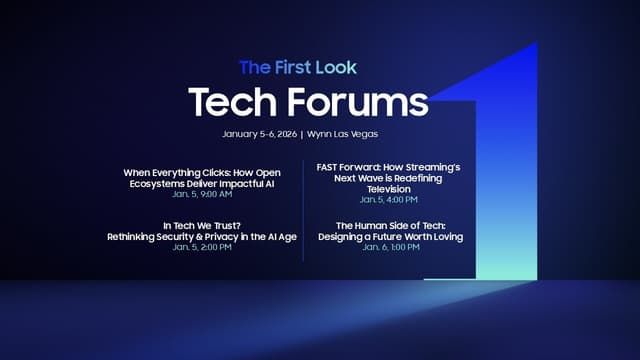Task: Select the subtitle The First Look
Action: [297, 67]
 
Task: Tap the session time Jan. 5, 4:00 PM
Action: [389, 199]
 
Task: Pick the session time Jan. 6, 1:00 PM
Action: [389, 246]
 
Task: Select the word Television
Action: [389, 188]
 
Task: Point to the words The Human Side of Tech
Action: [389, 226]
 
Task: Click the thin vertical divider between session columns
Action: [303, 210]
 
